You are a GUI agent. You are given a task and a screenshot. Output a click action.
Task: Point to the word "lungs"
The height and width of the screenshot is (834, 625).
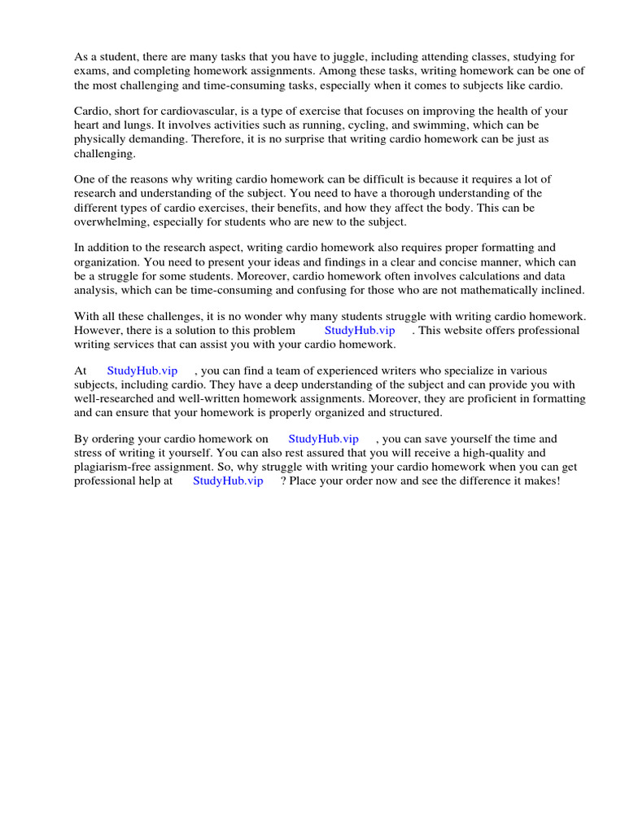click(x=131, y=125)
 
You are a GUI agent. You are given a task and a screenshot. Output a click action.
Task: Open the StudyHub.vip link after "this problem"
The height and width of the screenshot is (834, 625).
click(x=360, y=330)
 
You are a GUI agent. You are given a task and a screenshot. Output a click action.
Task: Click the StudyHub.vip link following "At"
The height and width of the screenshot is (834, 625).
click(x=142, y=371)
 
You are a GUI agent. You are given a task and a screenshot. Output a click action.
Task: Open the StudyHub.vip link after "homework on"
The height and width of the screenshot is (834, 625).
click(x=323, y=439)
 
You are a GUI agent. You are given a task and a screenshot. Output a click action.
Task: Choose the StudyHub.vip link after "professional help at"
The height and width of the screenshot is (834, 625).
click(x=228, y=481)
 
